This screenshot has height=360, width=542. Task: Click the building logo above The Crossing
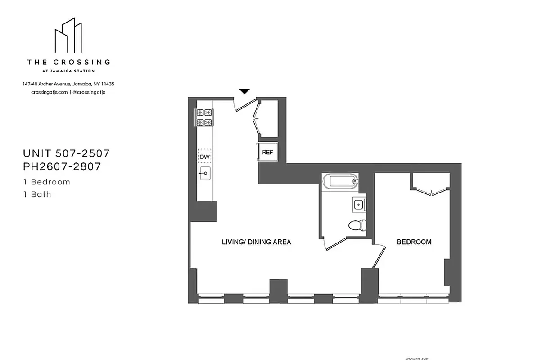pos(68,36)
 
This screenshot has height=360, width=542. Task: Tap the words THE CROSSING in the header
pos(68,62)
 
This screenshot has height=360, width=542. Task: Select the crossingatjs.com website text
pos(50,92)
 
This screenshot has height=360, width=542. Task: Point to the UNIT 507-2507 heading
pos(67,153)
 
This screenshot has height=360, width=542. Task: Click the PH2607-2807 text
pos(62,166)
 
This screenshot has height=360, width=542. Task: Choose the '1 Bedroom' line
pos(47,182)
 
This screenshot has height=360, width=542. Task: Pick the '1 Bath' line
pos(37,194)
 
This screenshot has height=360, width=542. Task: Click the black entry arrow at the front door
pos(244,91)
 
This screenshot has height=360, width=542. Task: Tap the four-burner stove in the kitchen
pos(203,117)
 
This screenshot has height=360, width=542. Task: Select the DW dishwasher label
pos(205,157)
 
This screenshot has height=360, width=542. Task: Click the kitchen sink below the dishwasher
pos(205,173)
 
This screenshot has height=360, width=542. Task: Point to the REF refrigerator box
pos(267,152)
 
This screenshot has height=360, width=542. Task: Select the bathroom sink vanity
pos(359,205)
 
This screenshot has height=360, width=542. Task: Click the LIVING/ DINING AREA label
pos(256,242)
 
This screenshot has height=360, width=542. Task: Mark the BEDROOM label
pos(414,242)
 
